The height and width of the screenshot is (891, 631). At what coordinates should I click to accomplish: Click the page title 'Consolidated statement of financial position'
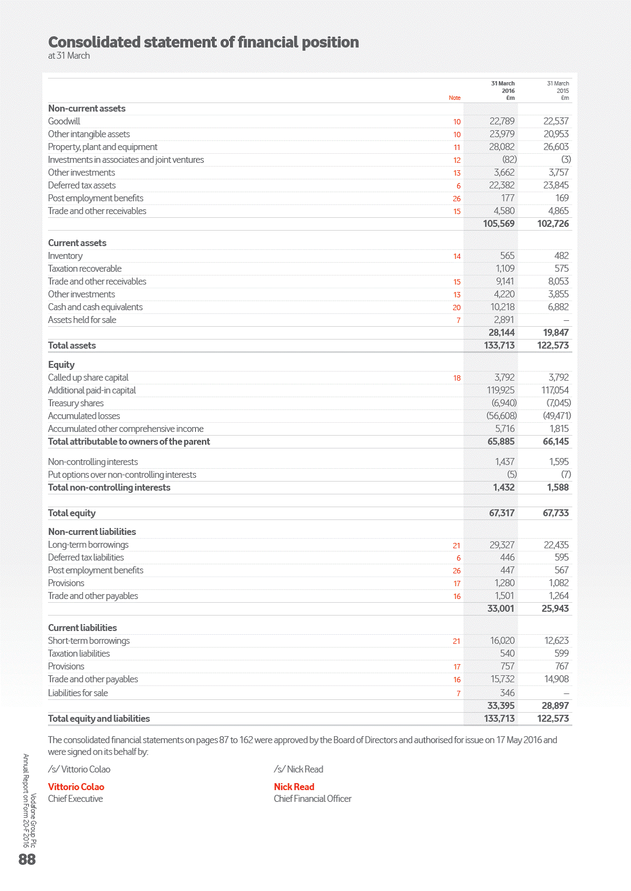click(203, 42)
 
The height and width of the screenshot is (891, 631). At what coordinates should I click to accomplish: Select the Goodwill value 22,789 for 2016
click(501, 121)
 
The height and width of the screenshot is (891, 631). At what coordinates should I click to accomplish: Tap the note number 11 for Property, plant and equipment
click(457, 147)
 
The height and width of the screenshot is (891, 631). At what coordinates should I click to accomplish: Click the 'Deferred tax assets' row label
click(82, 185)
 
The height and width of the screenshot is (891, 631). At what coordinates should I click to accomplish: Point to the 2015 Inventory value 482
click(561, 256)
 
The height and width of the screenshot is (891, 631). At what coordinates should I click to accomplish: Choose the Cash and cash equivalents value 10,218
click(501, 307)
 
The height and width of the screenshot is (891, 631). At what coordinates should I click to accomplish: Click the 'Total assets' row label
click(72, 345)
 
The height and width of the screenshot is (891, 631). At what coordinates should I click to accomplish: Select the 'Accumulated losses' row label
click(84, 416)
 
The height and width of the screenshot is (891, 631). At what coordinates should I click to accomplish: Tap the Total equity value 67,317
click(501, 513)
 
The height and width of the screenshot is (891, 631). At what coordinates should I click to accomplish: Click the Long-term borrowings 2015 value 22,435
click(556, 545)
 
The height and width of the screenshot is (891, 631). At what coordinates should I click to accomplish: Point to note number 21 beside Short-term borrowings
click(457, 641)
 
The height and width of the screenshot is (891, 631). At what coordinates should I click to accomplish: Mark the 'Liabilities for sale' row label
click(78, 693)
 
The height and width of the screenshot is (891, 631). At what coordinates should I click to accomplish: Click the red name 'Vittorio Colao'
click(76, 787)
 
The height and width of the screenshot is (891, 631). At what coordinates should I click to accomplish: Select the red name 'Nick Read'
click(294, 787)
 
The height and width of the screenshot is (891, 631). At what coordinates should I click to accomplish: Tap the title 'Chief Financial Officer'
click(313, 799)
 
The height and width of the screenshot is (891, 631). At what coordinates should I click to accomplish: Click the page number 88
click(27, 859)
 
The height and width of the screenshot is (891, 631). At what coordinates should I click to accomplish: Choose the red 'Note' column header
click(454, 98)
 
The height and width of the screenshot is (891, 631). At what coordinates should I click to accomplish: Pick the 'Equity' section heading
click(61, 365)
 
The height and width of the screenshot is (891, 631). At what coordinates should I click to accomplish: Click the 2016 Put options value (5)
click(512, 475)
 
